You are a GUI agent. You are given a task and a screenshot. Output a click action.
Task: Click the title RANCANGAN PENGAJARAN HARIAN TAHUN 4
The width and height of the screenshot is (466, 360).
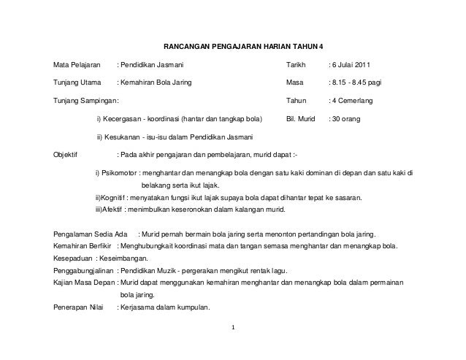(241, 45)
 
